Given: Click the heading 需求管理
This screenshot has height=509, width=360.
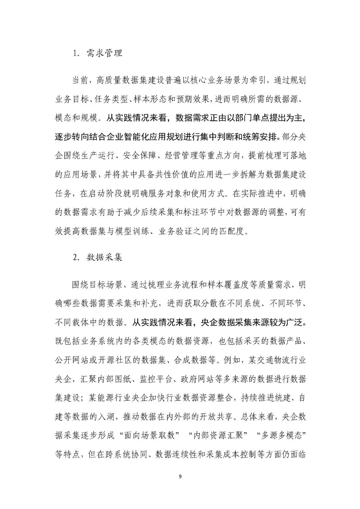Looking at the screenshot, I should click(104, 53).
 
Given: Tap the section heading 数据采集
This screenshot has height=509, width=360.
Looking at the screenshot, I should click(104, 257).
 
